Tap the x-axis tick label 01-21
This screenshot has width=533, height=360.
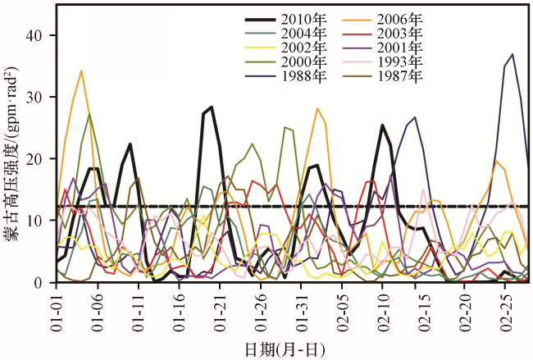click(220, 308)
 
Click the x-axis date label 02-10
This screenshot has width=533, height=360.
click(382, 308)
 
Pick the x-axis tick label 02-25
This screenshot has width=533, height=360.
click(503, 308)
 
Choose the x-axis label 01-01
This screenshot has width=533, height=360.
click(57, 308)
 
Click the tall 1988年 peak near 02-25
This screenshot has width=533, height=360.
click(512, 55)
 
